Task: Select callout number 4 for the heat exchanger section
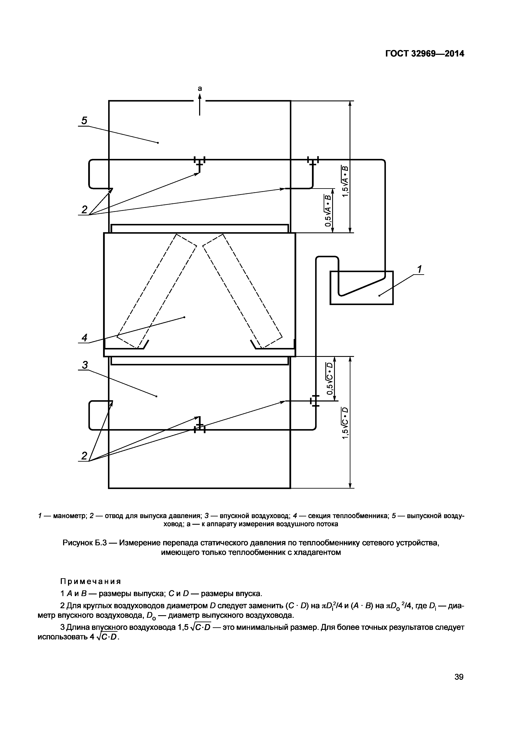[x=84, y=338]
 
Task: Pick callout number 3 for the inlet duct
[x=85, y=365]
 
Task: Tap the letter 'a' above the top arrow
[x=200, y=88]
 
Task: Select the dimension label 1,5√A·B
[x=345, y=181]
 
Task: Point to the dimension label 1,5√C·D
[x=345, y=423]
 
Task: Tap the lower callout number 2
[x=84, y=456]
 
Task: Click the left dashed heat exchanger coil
[x=157, y=291]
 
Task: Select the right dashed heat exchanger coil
[x=242, y=291]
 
